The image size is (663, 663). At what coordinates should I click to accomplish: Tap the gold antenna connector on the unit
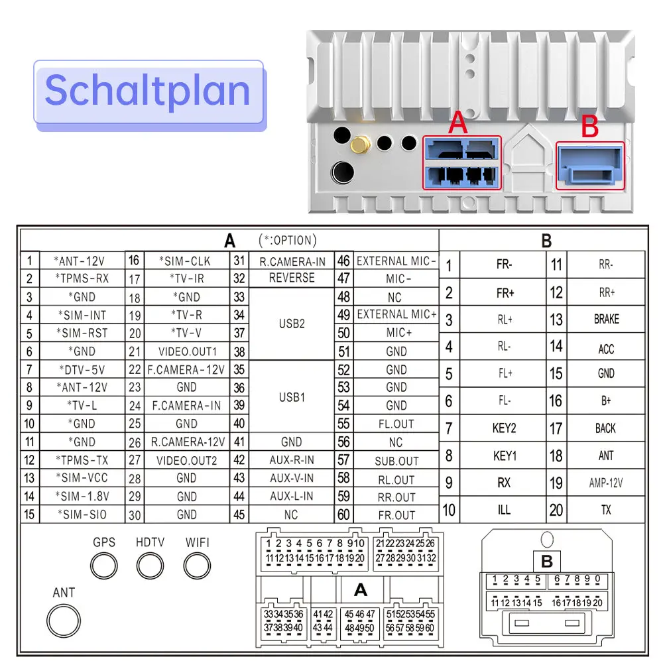coord(360,145)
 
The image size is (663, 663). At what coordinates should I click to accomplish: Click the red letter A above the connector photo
coord(458,123)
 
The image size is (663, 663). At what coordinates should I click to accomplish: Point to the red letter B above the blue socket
coord(590,127)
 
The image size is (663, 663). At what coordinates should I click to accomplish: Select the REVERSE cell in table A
coord(292,278)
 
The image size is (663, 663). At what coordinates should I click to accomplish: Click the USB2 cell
coord(292,324)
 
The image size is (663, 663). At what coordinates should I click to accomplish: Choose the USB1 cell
coord(292,397)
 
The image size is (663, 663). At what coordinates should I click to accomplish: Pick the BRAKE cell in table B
coord(606,319)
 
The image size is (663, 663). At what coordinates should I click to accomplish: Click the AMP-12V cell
coord(606,483)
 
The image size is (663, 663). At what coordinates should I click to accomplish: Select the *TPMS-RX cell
coord(82,278)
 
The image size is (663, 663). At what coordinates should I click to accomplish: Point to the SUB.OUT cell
coord(396,461)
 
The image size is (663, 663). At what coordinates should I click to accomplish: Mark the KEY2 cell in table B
coord(504,428)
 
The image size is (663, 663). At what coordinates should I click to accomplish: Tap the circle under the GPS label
coord(104,566)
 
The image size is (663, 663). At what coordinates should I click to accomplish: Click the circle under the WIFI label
coord(197,566)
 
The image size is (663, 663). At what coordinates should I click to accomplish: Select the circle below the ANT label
coord(64,621)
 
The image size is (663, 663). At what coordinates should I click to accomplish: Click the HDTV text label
coord(150,542)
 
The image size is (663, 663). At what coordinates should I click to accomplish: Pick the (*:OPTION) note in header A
coord(288,240)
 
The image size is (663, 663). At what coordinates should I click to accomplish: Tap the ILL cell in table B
coord(504,510)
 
